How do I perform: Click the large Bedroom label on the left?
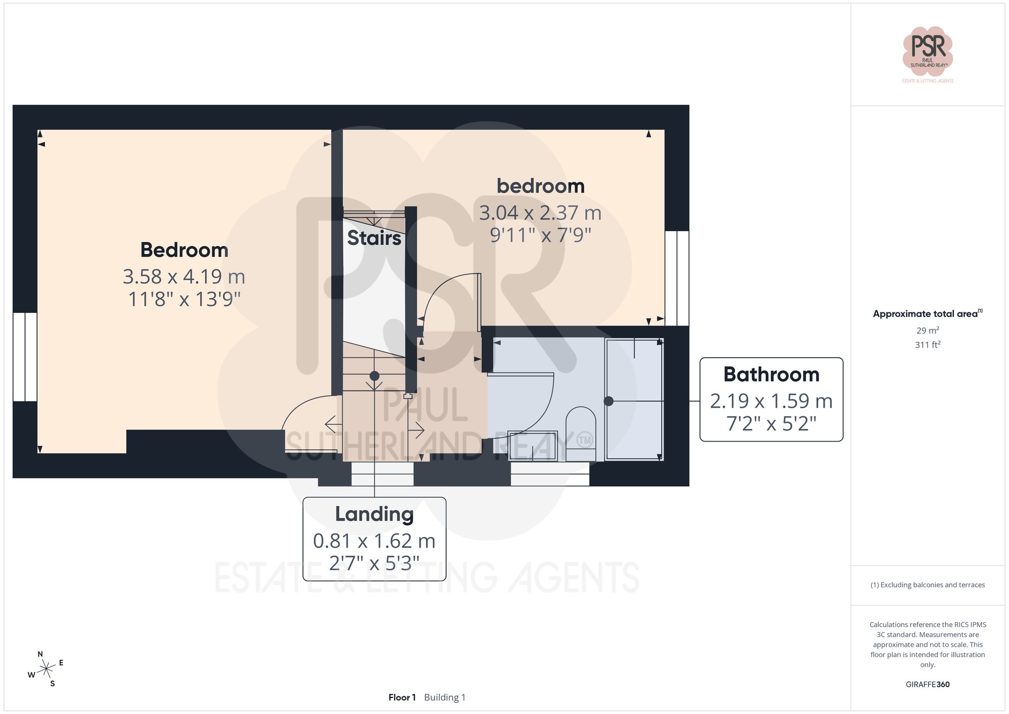click(x=184, y=250)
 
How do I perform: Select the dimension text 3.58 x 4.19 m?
click(x=184, y=277)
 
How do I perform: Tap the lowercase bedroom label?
click(x=540, y=186)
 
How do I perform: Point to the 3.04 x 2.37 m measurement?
click(x=540, y=213)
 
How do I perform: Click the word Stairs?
click(x=374, y=238)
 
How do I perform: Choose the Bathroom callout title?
click(x=771, y=374)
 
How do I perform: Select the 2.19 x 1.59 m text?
click(x=771, y=401)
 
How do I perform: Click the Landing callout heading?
click(x=374, y=514)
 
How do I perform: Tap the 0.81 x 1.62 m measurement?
click(x=374, y=541)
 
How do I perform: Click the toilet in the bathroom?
click(x=581, y=434)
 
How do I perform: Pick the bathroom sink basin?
click(x=532, y=446)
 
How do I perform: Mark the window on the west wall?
click(x=25, y=357)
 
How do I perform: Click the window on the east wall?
click(x=677, y=278)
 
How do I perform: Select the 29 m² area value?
click(x=927, y=331)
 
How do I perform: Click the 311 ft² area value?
click(x=927, y=345)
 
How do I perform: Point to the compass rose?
click(x=46, y=669)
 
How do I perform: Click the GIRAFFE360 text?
click(x=927, y=684)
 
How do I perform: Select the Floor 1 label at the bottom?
click(x=402, y=697)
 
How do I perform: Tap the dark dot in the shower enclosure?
click(x=608, y=401)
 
